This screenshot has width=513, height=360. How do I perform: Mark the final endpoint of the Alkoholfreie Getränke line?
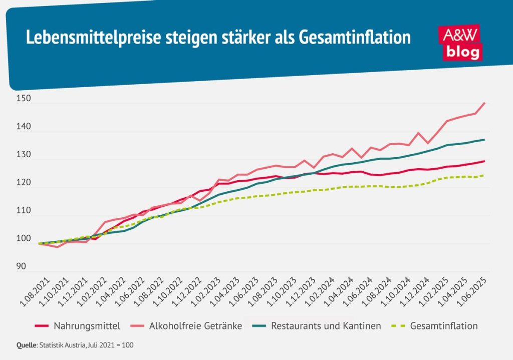pyautogui.click(x=484, y=103)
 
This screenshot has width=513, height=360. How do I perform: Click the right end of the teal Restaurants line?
pyautogui.click(x=484, y=139)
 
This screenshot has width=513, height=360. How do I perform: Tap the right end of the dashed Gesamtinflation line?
pyautogui.click(x=484, y=175)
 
